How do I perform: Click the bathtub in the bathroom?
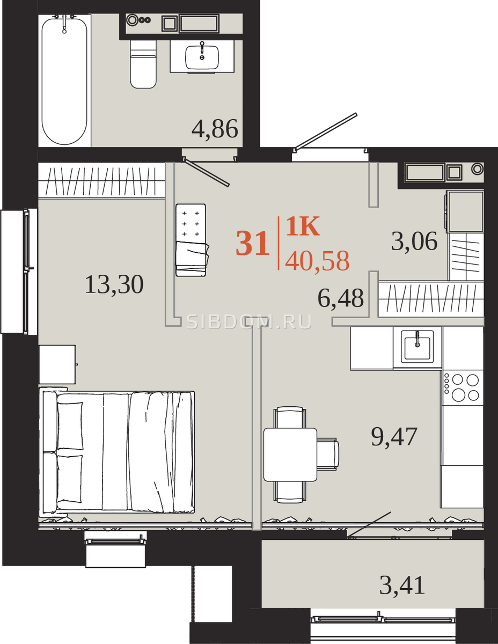point(64,80)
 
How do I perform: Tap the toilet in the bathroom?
point(143,64)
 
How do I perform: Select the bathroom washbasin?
point(202,57)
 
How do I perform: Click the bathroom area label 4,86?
point(215,129)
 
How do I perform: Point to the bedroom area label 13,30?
point(114,285)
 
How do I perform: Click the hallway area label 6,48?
point(340,298)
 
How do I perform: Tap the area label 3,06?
point(414,241)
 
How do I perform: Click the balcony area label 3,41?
point(402,586)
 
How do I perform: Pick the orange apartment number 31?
point(253,244)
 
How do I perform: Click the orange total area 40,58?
point(317,261)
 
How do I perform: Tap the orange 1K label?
point(303,226)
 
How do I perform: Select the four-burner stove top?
point(463,387)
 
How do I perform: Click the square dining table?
point(290,455)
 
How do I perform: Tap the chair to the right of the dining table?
point(328,455)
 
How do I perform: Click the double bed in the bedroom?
point(117,452)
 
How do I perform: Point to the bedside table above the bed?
point(57,364)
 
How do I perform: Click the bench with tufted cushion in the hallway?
point(191,240)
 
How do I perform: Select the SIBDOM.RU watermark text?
point(250,322)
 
